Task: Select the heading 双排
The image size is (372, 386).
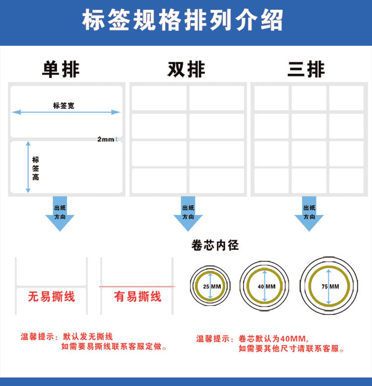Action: [x=186, y=70]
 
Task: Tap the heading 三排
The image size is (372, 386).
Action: [x=306, y=70]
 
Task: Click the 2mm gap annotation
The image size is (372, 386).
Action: [x=106, y=139]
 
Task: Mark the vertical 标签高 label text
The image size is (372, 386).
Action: [x=36, y=168]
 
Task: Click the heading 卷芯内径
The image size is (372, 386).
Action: [x=215, y=245]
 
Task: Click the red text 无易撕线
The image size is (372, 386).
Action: [x=51, y=297]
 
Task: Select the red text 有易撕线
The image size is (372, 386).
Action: [x=137, y=297]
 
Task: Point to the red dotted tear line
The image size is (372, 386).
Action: [x=136, y=287]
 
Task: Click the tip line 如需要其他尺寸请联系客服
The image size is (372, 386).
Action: [x=291, y=349]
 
